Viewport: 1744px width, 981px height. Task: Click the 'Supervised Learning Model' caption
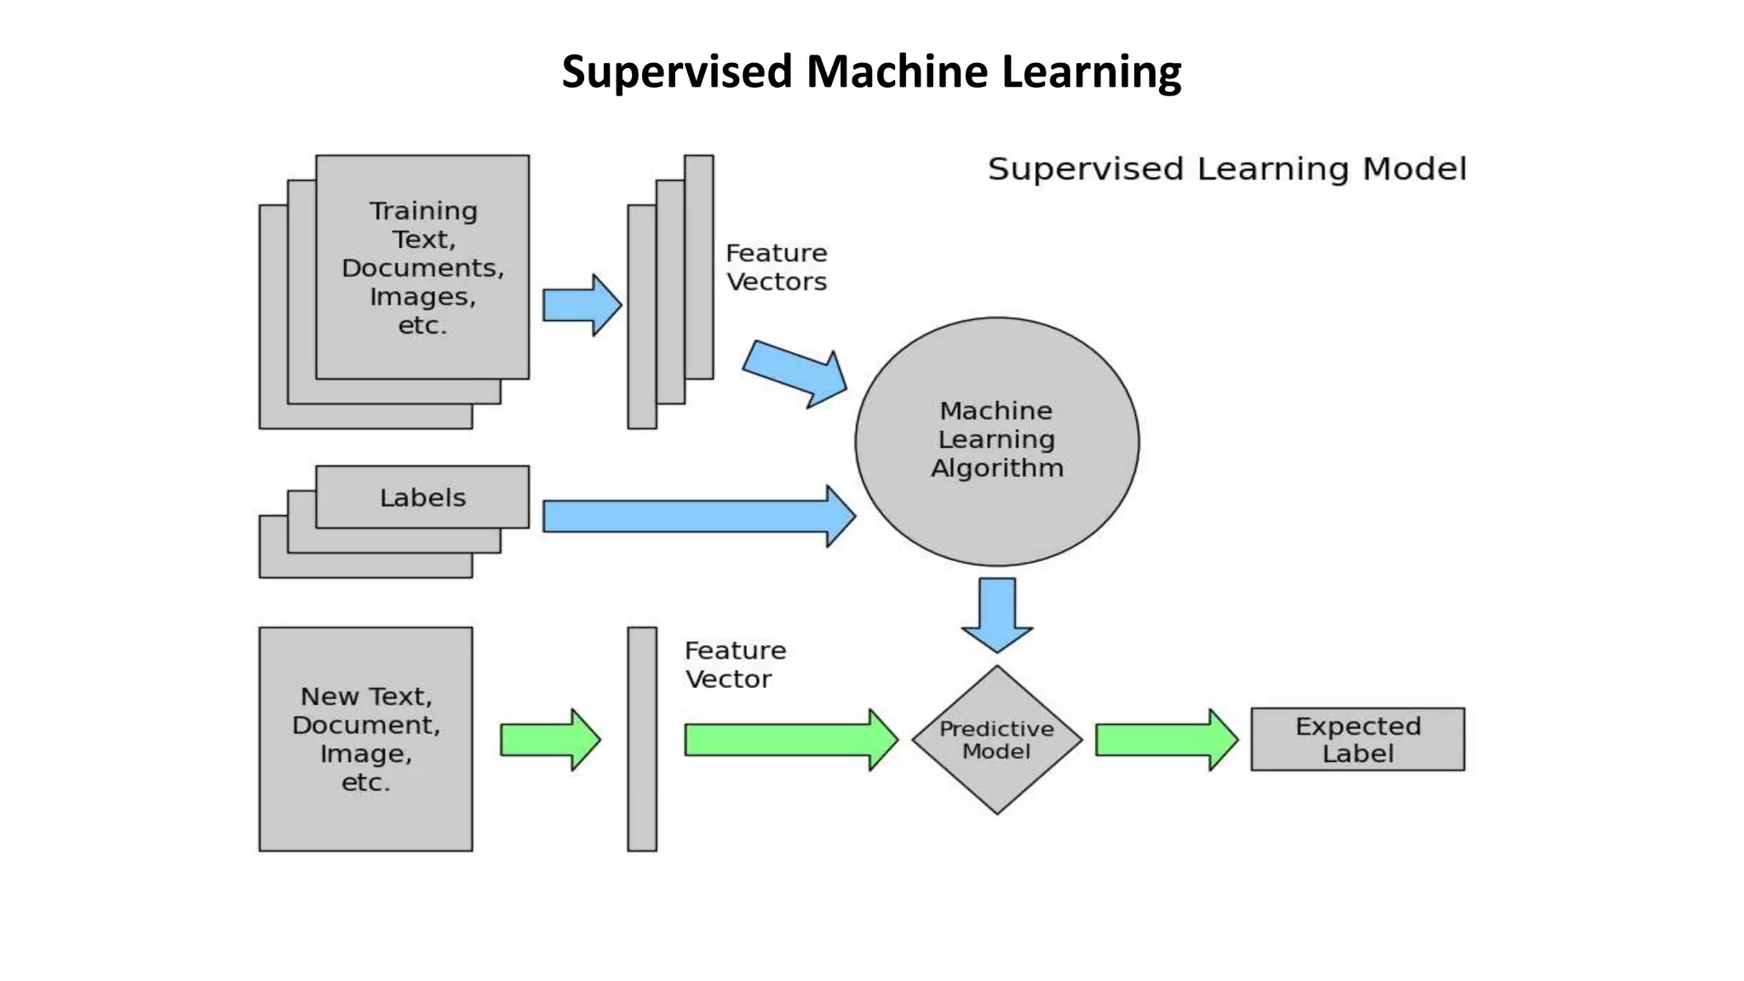tap(1227, 169)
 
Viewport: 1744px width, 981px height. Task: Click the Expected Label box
tap(1357, 739)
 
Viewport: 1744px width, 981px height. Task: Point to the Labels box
tap(422, 497)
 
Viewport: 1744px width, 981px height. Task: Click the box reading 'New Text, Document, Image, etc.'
tap(365, 739)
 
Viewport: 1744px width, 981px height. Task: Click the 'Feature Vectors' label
tap(776, 267)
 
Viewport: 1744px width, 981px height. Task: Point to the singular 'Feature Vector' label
tap(735, 665)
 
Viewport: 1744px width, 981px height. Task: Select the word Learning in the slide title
tap(1091, 72)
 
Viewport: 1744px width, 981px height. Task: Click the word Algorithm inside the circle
tap(996, 468)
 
